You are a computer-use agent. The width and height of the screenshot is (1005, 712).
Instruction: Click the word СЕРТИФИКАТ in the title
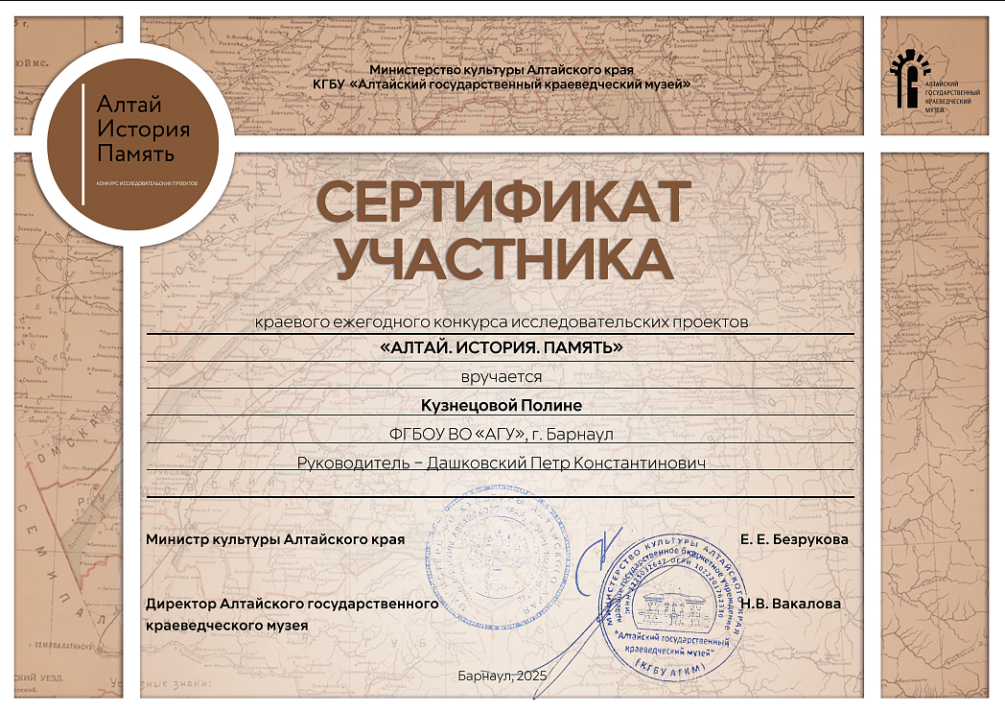[502, 202]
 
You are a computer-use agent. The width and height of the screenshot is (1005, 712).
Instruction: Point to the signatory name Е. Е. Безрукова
[794, 540]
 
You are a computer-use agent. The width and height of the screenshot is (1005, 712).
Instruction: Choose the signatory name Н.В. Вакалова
[791, 604]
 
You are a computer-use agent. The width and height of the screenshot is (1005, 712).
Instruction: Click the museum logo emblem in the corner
[908, 79]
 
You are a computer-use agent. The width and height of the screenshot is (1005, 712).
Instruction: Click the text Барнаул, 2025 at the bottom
[502, 677]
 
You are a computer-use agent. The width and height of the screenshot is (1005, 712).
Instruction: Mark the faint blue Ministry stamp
[498, 559]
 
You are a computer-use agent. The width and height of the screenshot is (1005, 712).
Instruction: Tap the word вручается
[502, 376]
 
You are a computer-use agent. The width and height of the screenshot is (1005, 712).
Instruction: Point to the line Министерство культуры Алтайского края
[501, 71]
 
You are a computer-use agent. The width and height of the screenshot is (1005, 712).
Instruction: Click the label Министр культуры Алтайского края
[275, 539]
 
